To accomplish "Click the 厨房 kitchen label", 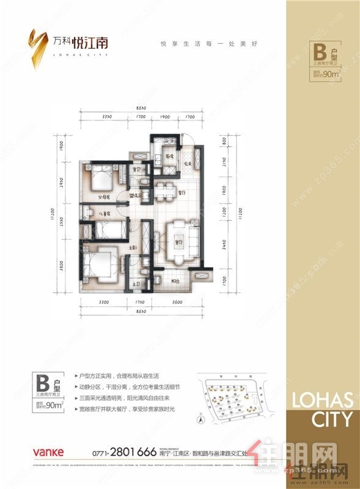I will (172, 156).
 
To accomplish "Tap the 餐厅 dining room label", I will (181, 192).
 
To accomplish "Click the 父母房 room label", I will (97, 197).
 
